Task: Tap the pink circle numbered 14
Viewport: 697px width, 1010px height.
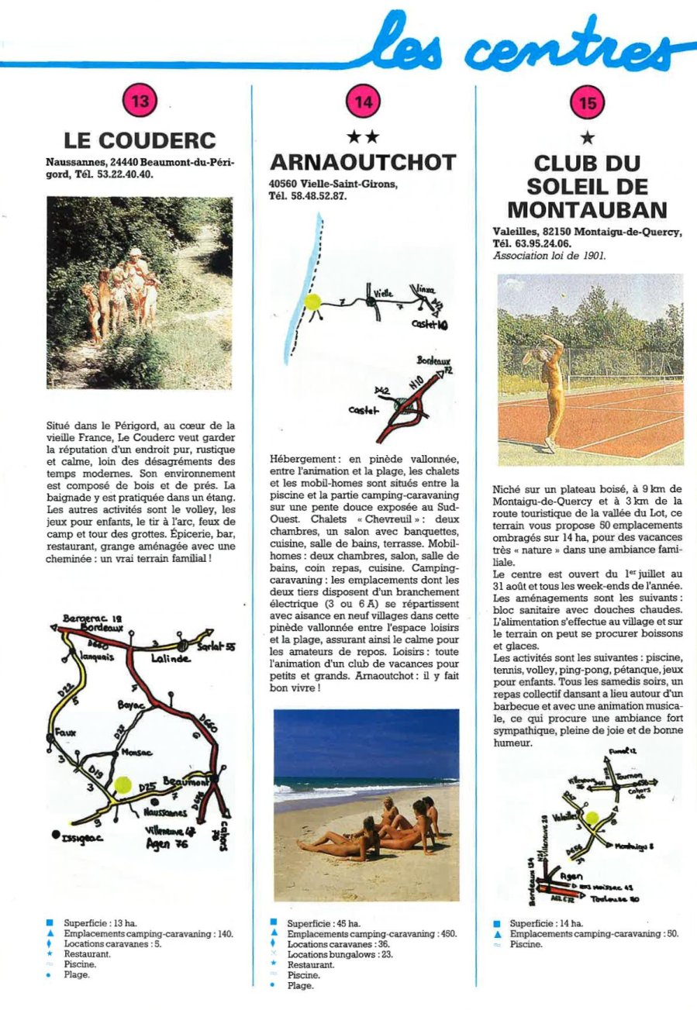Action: point(363,101)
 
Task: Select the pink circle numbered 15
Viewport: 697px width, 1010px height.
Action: point(587,101)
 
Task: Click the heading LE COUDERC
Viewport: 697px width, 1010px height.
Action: point(140,140)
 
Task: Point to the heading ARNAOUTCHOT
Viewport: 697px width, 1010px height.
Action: point(363,162)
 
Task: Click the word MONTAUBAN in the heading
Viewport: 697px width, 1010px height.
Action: point(587,210)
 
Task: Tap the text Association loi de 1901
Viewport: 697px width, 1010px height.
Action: point(550,254)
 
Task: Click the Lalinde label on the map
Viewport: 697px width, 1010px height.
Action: point(170,658)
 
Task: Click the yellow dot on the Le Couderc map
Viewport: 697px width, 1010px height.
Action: point(122,784)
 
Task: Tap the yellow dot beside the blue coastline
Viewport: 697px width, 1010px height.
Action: point(313,302)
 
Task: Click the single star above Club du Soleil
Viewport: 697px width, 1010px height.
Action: point(587,138)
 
